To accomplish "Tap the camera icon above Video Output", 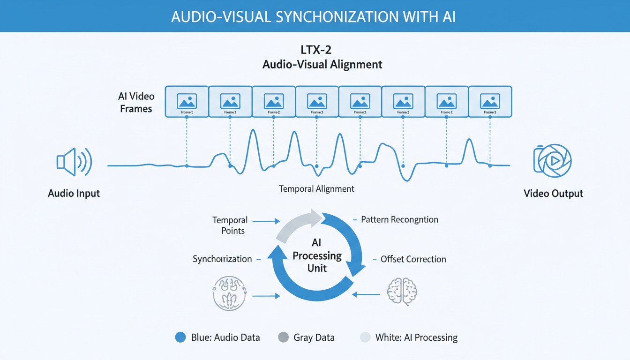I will (553, 161).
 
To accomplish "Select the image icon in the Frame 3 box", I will (317, 101).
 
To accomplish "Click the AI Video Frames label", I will (136, 102).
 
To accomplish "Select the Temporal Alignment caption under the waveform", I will (316, 189).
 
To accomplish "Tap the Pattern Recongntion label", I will (399, 219).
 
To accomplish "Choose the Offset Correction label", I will (413, 259).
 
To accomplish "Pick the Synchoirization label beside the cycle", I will (222, 259).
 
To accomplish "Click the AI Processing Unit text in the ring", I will (317, 255).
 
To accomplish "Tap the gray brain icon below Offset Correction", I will (402, 292).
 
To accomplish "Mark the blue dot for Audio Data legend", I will (180, 337).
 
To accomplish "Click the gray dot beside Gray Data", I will (283, 337).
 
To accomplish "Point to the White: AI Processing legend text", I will (416, 337).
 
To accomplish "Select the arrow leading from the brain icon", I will (366, 294).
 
